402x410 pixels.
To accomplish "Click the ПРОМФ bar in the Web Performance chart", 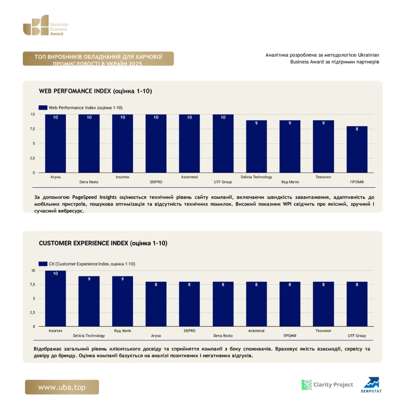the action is click(357, 149).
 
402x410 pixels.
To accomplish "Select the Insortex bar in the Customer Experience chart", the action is click(55, 298).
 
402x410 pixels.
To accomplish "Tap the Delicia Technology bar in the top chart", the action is click(256, 147).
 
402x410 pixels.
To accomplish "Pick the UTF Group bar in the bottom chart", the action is click(357, 304).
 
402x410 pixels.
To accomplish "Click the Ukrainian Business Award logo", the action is click(46, 25).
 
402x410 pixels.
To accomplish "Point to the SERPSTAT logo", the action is click(371, 385).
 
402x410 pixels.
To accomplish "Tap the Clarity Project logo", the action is click(327, 385).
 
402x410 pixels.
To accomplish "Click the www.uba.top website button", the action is click(62, 387).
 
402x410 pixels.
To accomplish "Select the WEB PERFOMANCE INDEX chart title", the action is click(95, 91).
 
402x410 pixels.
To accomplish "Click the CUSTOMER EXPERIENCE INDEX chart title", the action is click(103, 243).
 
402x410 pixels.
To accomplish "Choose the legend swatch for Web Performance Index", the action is click(43, 107).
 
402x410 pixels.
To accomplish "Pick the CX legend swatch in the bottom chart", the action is click(43, 264).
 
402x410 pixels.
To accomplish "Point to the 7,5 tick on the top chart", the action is click(32, 129).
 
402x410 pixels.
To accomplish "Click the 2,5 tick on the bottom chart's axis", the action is click(32, 312).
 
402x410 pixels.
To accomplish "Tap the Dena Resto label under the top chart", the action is click(89, 182).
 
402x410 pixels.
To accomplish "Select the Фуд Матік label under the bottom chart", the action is click(123, 331).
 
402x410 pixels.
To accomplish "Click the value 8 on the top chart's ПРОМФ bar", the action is click(357, 129).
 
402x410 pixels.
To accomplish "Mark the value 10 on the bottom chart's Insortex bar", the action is click(55, 273).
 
